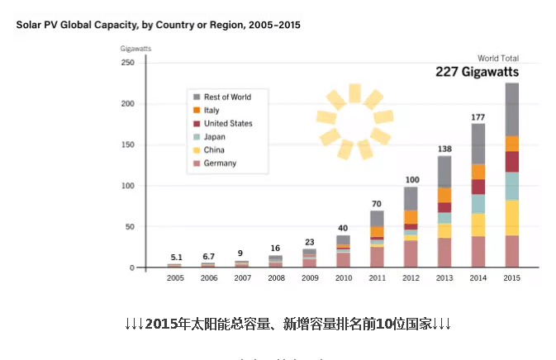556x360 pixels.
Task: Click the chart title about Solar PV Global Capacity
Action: tap(158, 25)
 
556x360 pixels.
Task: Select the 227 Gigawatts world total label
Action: tap(489, 72)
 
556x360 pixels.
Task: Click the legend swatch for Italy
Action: tap(197, 111)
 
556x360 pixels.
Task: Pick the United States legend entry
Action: tap(227, 124)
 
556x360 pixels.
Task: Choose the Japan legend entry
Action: tap(216, 137)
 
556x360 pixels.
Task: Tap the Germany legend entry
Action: tap(220, 163)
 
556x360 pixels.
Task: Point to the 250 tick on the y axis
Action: tap(127, 63)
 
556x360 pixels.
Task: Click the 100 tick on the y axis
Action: tap(127, 186)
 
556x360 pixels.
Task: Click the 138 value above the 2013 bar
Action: tap(444, 149)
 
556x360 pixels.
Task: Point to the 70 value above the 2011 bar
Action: tap(377, 203)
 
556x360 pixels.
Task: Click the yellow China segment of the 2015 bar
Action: tap(512, 217)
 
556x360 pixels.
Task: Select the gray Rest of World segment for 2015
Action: tap(512, 109)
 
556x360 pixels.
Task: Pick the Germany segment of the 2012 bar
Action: tap(411, 253)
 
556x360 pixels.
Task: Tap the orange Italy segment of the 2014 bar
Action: tap(478, 172)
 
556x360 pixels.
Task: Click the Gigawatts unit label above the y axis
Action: tap(136, 50)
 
